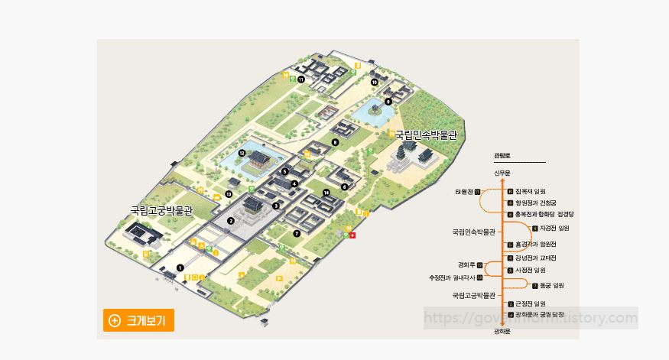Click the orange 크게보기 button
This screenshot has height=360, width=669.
point(139,320)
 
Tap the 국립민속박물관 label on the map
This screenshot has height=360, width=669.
point(425,135)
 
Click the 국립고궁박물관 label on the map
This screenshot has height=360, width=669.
point(161,209)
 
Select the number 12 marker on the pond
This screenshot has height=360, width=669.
point(242,153)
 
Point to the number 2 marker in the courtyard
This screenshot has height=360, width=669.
point(230,221)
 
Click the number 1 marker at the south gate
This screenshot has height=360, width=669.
point(180,268)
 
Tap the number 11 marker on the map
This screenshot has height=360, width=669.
point(301,79)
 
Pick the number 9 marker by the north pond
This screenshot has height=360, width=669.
point(388,102)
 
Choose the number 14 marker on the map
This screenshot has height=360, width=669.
point(326,193)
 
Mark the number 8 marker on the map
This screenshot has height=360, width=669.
point(335,142)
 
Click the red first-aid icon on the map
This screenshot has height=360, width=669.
point(352,235)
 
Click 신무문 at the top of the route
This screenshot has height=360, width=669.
point(502,173)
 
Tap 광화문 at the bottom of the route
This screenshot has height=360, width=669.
point(502,331)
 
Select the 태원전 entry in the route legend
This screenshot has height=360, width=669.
point(464,191)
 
